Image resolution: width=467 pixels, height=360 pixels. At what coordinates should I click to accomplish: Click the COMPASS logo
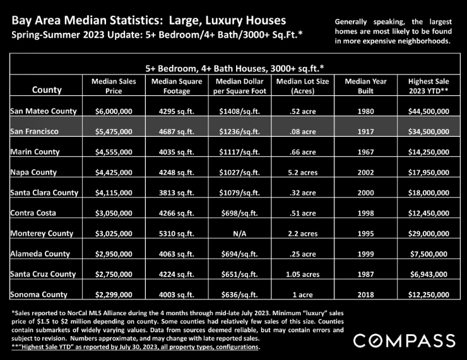click(x=404, y=340)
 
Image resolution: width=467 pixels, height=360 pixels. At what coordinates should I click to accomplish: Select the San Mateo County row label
click(x=44, y=111)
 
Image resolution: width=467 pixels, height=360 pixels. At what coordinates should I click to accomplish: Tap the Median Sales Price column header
click(x=114, y=86)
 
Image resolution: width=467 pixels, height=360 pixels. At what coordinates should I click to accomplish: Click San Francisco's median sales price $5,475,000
click(x=114, y=132)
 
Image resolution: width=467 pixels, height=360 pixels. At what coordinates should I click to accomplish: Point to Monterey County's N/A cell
click(x=239, y=233)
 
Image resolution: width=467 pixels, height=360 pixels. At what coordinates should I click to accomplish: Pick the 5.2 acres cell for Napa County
click(x=302, y=172)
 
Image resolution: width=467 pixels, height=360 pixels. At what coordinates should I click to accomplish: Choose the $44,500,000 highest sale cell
click(x=429, y=111)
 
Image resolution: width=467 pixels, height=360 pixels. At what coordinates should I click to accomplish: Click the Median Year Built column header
click(x=365, y=86)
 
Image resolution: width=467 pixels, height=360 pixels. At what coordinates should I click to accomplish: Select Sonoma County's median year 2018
click(x=365, y=294)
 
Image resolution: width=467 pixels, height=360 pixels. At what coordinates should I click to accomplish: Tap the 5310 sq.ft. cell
click(x=176, y=233)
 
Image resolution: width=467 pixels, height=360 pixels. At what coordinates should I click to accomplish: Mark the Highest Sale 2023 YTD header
click(x=429, y=86)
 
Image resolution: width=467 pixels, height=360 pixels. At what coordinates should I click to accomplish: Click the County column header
click(x=47, y=90)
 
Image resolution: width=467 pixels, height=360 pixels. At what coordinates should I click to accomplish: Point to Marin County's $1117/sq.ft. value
click(x=239, y=152)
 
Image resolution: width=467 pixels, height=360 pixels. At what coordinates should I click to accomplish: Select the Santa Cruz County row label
click(x=43, y=274)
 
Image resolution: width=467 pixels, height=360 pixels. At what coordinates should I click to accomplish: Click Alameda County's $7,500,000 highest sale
click(x=429, y=254)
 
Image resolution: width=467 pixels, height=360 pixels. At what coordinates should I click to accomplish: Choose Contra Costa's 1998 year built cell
click(x=365, y=213)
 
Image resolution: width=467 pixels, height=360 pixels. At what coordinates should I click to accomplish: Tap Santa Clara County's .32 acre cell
click(x=302, y=193)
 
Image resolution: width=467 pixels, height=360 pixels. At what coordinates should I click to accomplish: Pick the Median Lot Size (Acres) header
click(x=302, y=86)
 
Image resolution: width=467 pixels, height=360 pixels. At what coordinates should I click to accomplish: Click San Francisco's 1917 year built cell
click(x=365, y=132)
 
